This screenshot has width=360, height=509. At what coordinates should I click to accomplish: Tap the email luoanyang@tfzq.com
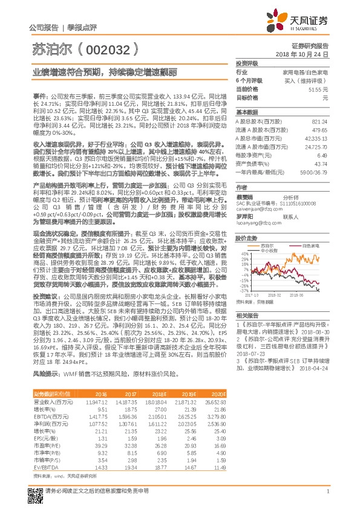(x=255, y=222)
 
